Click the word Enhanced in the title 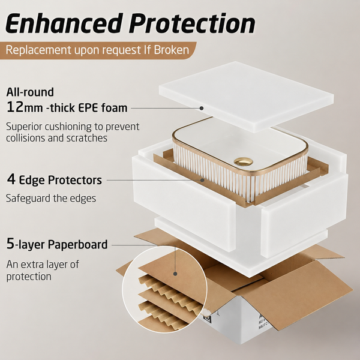(63, 23)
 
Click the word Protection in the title (192, 23)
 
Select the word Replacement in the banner (38, 50)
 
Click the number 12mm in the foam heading (25, 107)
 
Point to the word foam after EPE (114, 107)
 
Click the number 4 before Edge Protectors (11, 179)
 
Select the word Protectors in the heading (75, 180)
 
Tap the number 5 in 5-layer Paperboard (11, 244)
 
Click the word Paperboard (77, 245)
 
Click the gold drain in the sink (244, 161)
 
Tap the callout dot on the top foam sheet (202, 108)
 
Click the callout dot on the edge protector (202, 180)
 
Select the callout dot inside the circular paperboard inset (175, 274)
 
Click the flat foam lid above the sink (247, 97)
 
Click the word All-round (30, 92)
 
